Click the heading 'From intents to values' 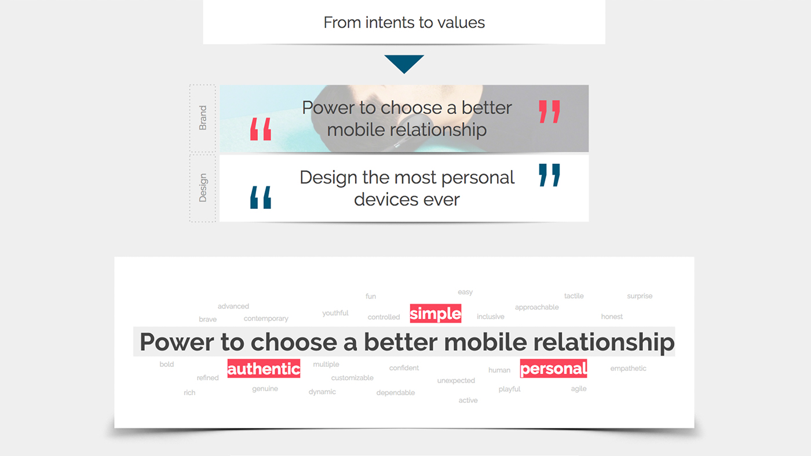click(404, 23)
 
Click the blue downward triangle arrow click(404, 62)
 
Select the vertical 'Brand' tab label click(203, 117)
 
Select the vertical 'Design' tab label click(203, 187)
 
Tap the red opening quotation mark click(261, 129)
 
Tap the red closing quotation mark click(549, 112)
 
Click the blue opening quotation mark click(261, 197)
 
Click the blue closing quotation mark click(549, 175)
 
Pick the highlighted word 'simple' click(435, 314)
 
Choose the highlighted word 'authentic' click(264, 369)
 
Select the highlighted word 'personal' click(553, 369)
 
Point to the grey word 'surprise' click(640, 296)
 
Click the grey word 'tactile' click(573, 296)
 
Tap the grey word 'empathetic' click(628, 368)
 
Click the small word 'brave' click(207, 319)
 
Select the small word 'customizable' click(352, 378)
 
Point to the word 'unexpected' click(456, 380)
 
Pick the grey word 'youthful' click(335, 313)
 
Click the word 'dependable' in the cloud click(396, 392)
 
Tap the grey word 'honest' click(612, 317)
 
